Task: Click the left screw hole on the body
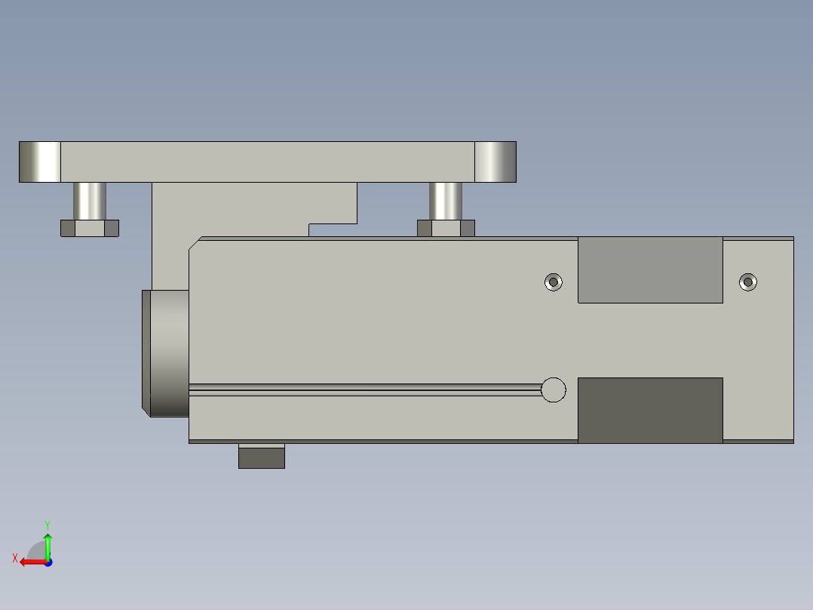pos(554,282)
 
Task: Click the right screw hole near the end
pos(748,282)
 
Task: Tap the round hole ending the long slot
pos(554,390)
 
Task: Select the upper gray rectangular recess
pos(650,270)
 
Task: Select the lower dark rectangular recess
pos(650,410)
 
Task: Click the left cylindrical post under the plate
pos(90,200)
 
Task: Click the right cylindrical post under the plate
pos(446,200)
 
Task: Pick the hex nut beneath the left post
pos(90,228)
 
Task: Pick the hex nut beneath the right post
pos(446,228)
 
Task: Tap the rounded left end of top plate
pos(39,162)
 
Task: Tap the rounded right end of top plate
pos(495,162)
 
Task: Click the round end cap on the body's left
pos(167,353)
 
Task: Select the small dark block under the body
pos(262,457)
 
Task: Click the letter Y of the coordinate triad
pos(47,524)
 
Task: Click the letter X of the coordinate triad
pos(15,558)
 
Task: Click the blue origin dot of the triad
pos(48,562)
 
